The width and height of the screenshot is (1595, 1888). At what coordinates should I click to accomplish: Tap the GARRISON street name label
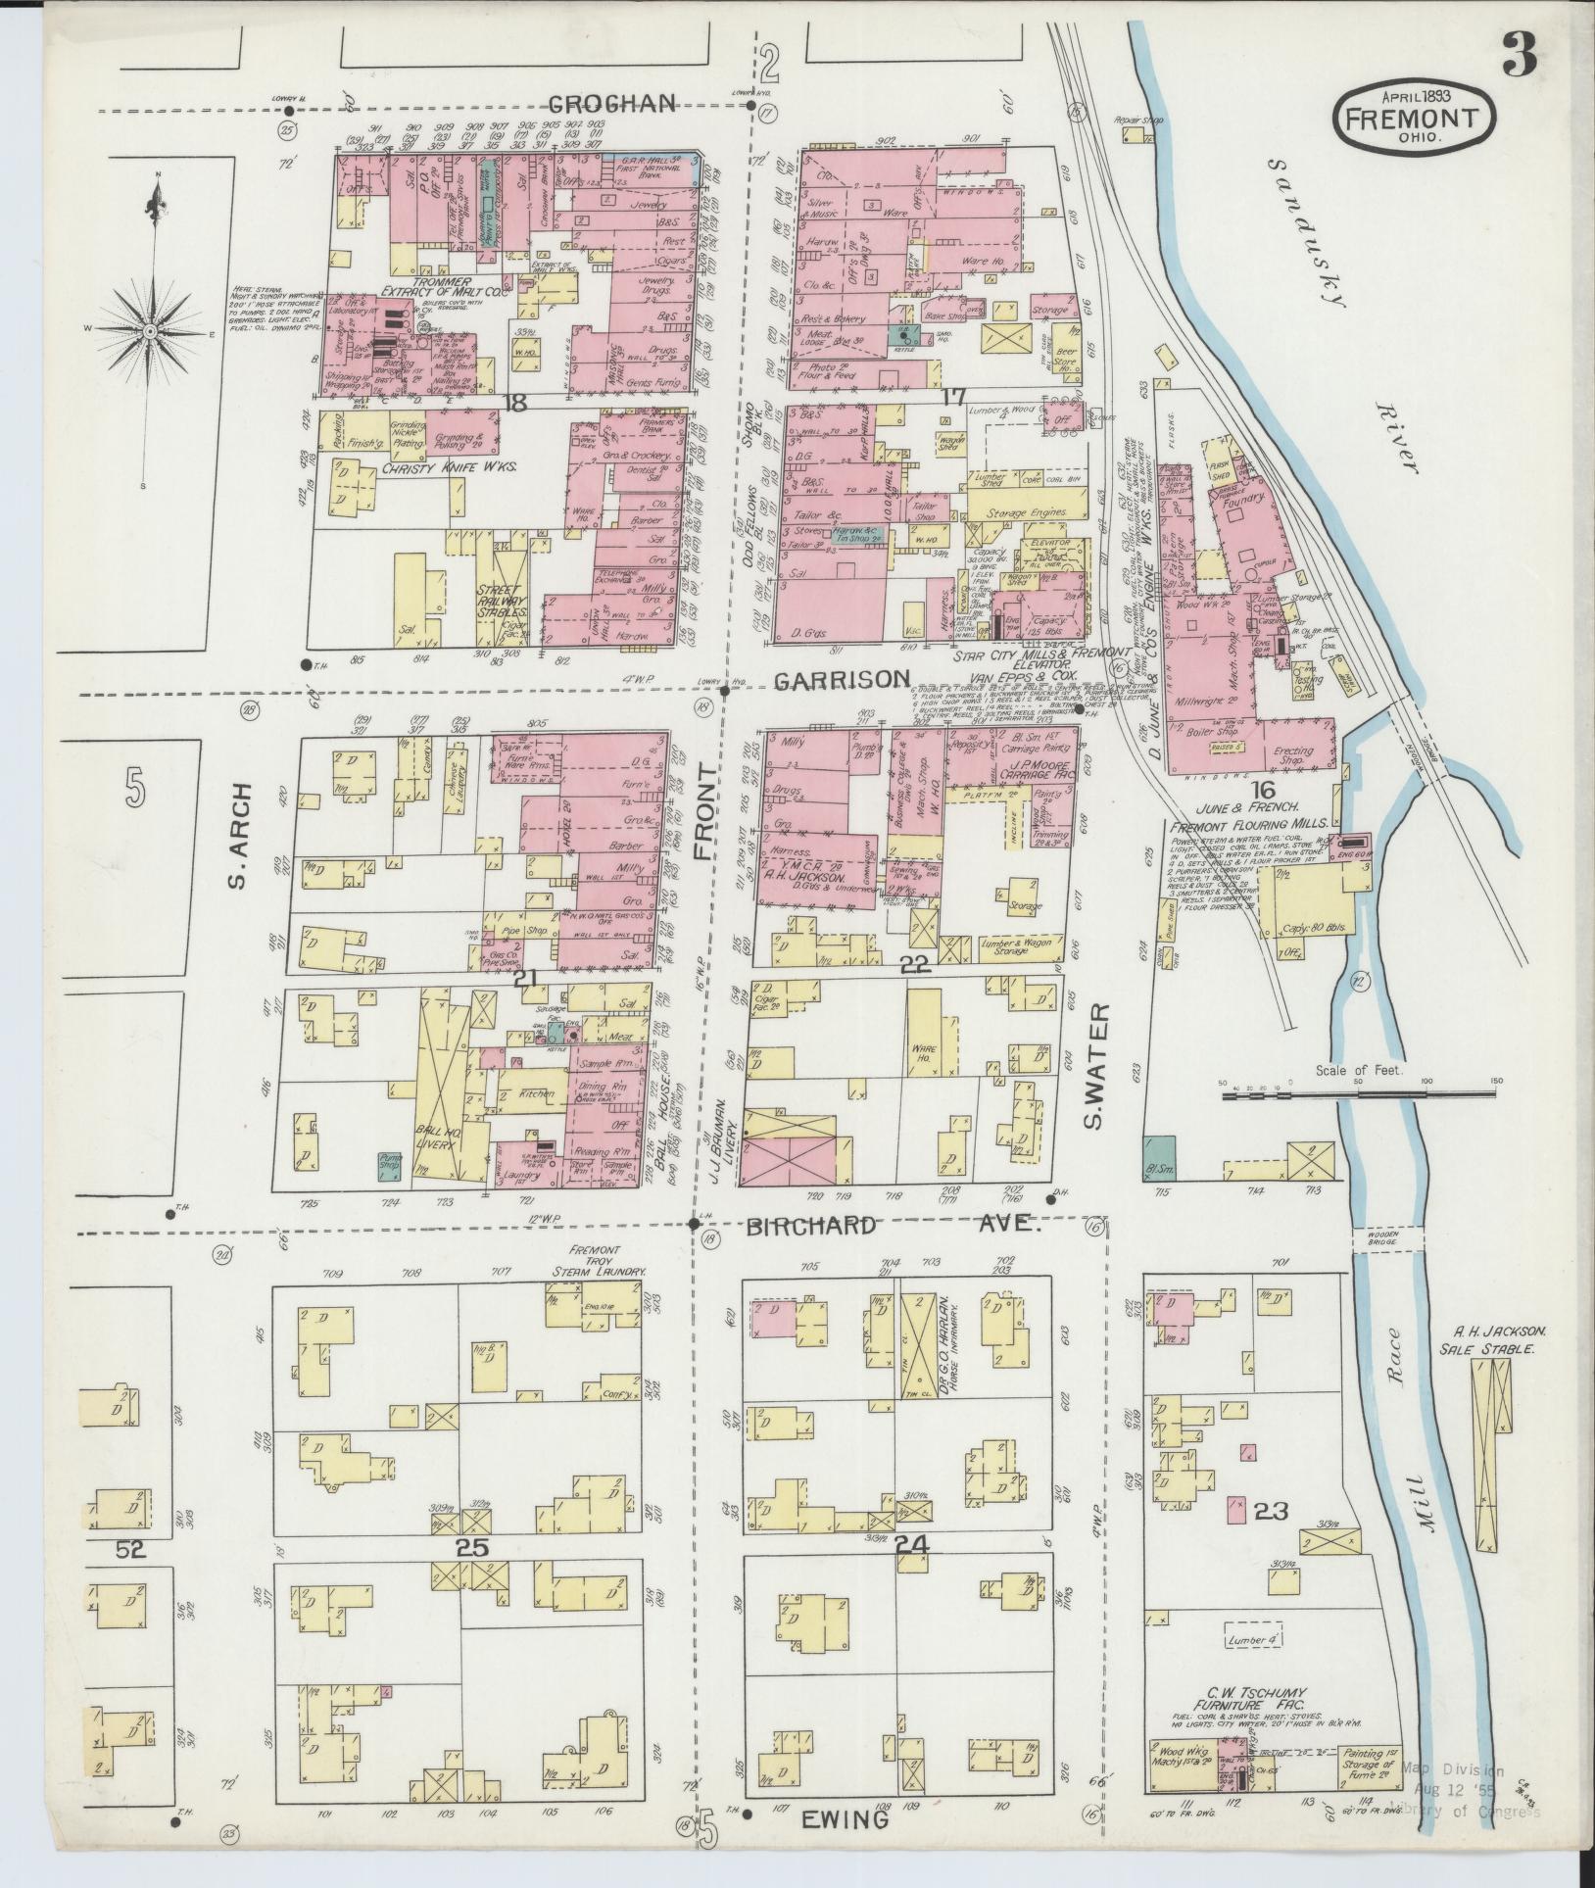842,679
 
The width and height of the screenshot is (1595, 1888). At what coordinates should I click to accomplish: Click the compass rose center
151,332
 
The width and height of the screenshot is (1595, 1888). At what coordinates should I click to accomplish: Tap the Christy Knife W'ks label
422,468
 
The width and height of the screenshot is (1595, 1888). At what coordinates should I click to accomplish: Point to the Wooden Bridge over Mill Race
1386,1238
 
